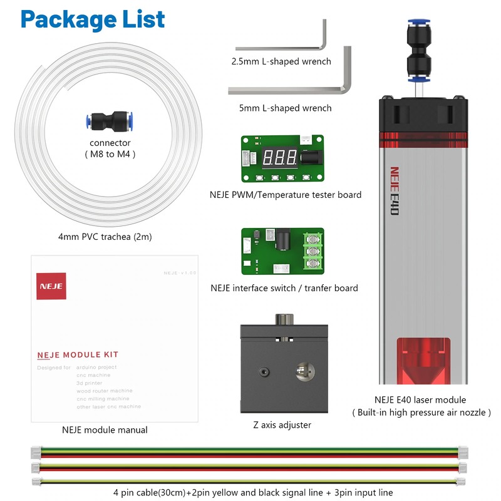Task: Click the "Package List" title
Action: point(93,19)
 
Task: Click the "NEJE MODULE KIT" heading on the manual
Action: point(78,354)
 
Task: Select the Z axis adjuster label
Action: point(281,425)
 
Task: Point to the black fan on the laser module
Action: point(423,113)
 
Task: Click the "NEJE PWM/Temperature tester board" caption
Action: point(286,194)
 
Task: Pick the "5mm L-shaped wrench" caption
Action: point(286,108)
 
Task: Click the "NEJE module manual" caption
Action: point(105,430)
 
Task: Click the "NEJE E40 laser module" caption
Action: point(420,400)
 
